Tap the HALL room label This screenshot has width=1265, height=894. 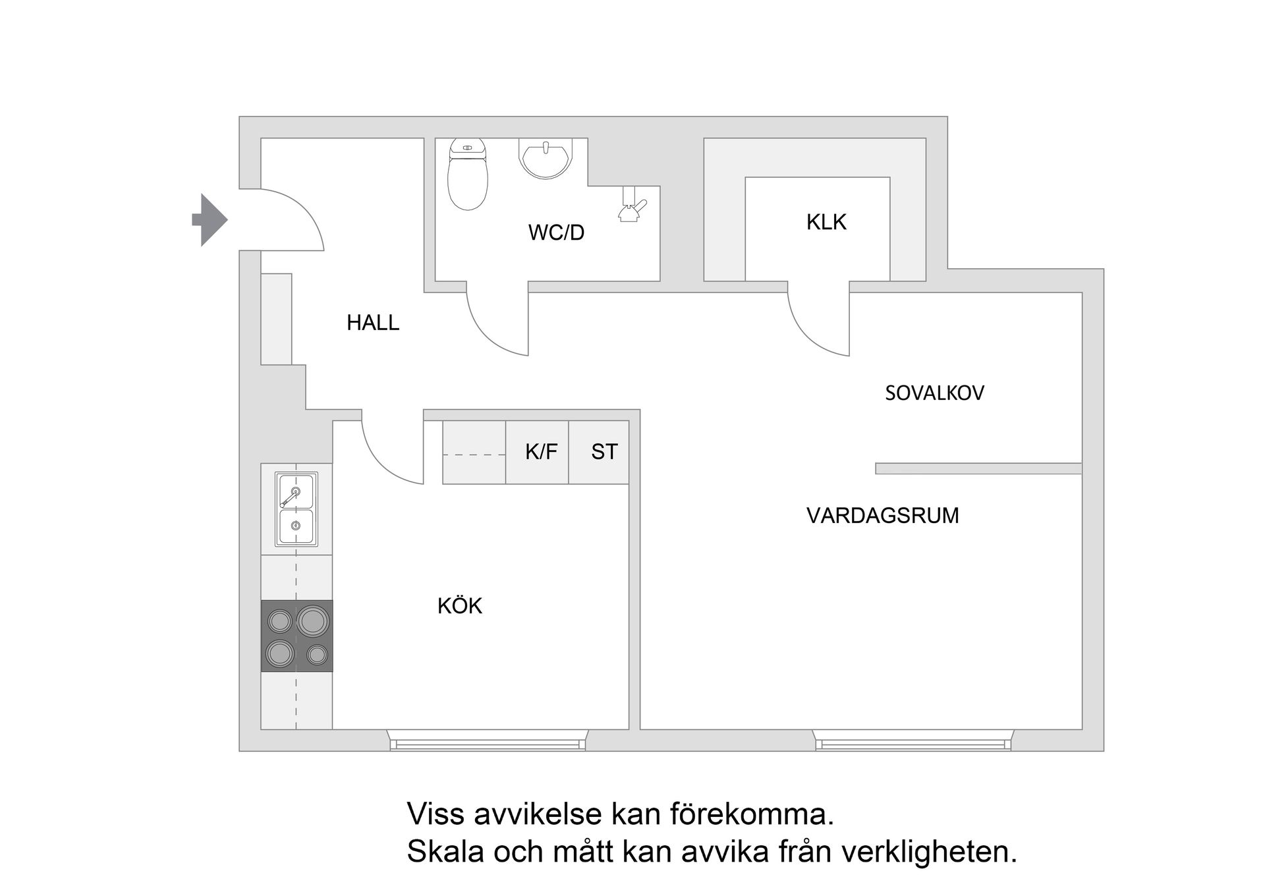(x=373, y=323)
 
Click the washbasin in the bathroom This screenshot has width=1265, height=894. (x=545, y=157)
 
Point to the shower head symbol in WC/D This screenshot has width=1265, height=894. (x=631, y=206)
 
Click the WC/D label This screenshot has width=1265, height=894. (x=556, y=233)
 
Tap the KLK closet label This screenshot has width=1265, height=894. (x=826, y=222)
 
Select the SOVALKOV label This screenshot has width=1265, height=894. (x=934, y=393)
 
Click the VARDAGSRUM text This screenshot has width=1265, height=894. (x=882, y=515)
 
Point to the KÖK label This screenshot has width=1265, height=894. (x=460, y=606)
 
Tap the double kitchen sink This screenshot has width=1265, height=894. (x=296, y=509)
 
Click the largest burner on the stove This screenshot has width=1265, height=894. (x=313, y=620)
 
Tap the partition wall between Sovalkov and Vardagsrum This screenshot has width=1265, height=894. (x=978, y=468)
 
